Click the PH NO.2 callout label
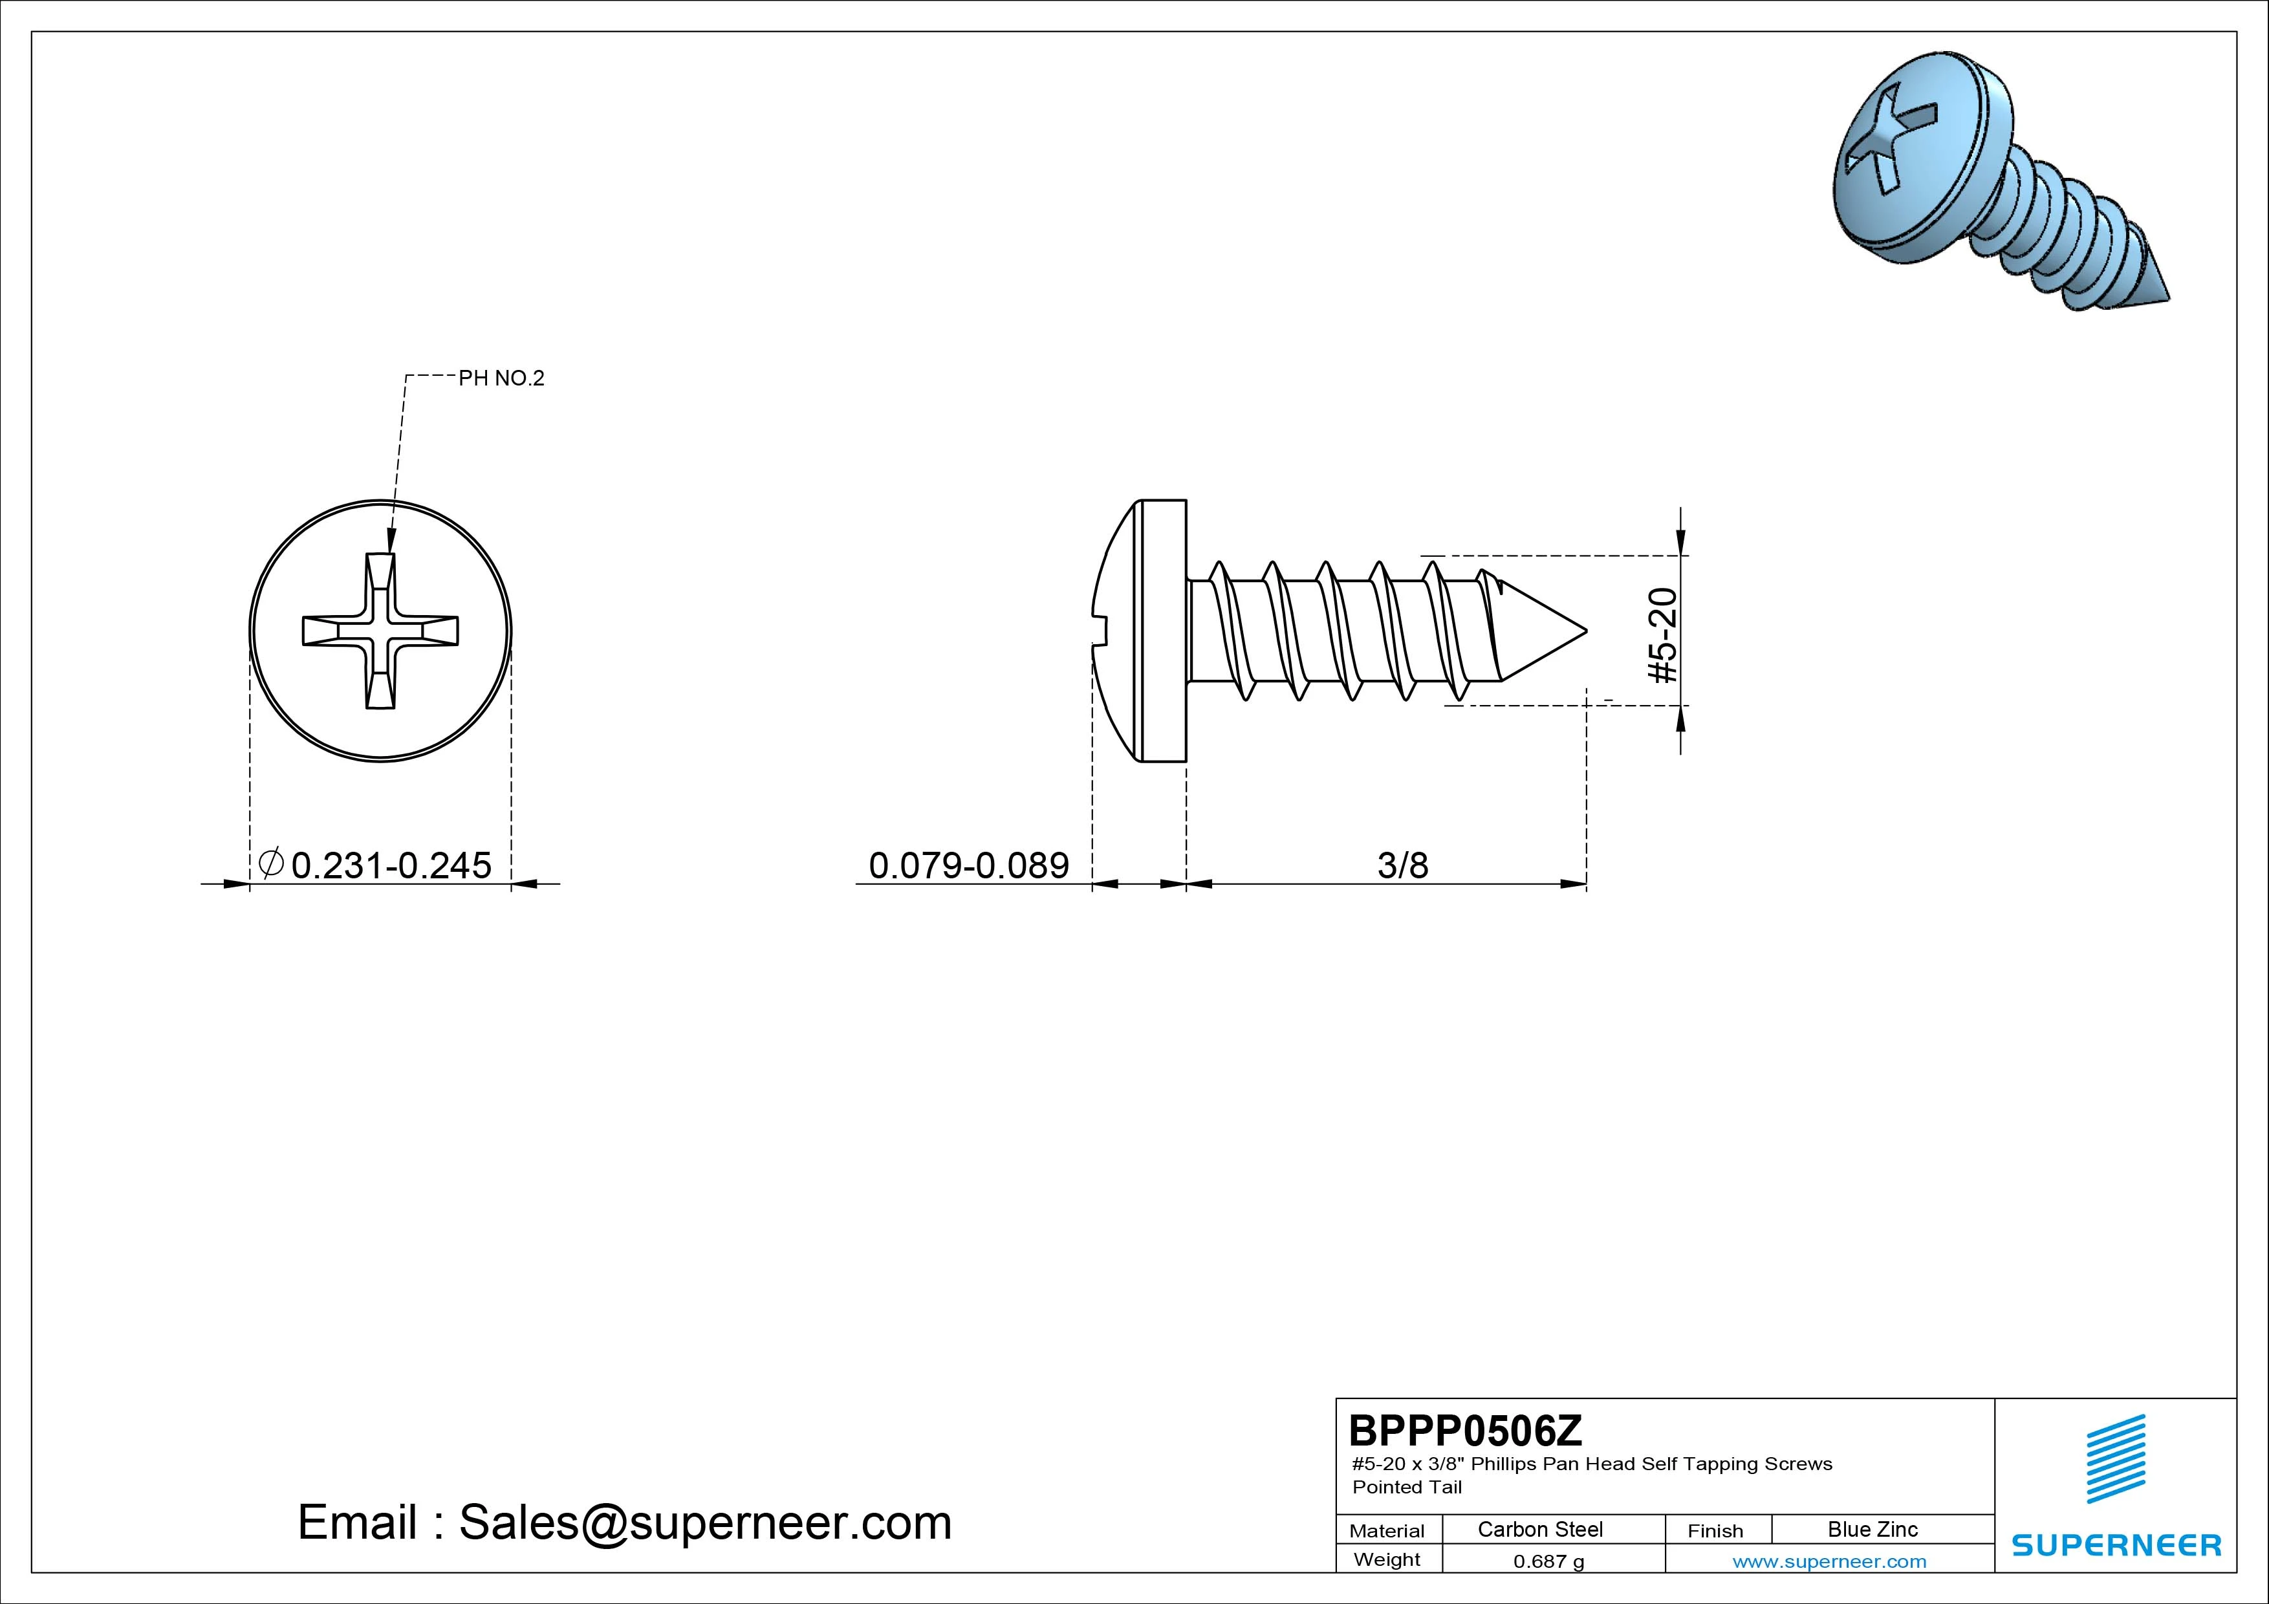point(501,378)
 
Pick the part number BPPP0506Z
point(1464,1430)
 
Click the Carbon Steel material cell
point(1539,1529)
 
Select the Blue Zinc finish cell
point(1873,1529)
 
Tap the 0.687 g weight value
point(1548,1561)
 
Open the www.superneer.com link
point(1829,1561)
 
